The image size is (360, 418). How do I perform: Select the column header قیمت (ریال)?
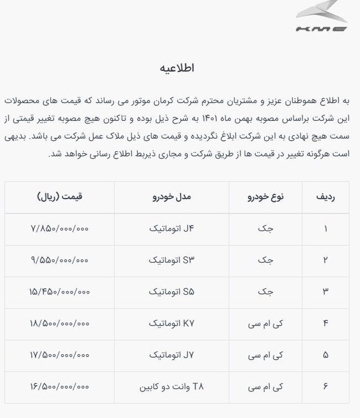tap(60, 197)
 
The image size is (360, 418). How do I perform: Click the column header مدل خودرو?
tap(172, 197)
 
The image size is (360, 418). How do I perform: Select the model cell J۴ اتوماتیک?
tap(172, 228)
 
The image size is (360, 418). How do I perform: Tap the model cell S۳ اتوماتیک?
tap(172, 260)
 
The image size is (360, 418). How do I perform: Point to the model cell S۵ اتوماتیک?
tap(172, 292)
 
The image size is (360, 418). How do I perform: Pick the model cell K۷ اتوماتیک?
tap(172, 323)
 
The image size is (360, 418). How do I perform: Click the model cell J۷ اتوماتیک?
tap(172, 354)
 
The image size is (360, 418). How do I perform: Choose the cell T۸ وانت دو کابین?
tap(172, 386)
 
